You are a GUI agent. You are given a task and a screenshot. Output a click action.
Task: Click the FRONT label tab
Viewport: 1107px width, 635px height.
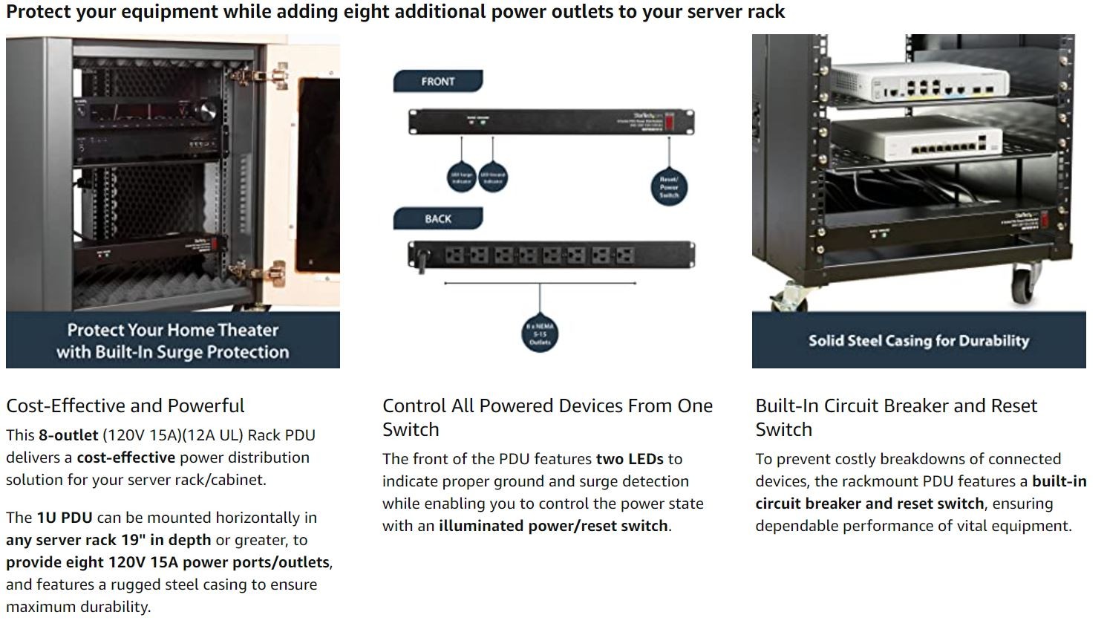pyautogui.click(x=437, y=81)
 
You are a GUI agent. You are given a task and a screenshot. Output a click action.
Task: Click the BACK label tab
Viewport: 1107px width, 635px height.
pyautogui.click(x=437, y=218)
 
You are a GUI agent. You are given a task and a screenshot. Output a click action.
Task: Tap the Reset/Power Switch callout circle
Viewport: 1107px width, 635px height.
pyautogui.click(x=669, y=187)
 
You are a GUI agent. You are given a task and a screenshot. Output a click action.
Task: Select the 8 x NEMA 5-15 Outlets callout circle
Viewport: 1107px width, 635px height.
pyautogui.click(x=540, y=334)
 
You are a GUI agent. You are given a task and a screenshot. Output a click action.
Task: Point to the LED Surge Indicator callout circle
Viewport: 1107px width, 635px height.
pyautogui.click(x=462, y=178)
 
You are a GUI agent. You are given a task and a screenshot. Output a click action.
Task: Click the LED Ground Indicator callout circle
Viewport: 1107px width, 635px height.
pyautogui.click(x=493, y=178)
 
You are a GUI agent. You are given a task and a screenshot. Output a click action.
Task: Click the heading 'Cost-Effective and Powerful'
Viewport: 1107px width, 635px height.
pyautogui.click(x=125, y=406)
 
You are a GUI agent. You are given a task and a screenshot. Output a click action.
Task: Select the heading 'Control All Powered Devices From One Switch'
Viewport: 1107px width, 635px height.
pyautogui.click(x=547, y=417)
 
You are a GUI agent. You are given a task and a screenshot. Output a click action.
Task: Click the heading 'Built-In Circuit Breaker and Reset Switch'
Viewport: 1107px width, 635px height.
pyautogui.click(x=896, y=417)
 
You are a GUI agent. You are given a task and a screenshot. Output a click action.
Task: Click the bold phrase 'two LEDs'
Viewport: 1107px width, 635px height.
pyautogui.click(x=630, y=459)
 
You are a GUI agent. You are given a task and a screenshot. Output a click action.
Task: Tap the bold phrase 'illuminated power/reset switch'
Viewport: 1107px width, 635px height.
pyautogui.click(x=553, y=526)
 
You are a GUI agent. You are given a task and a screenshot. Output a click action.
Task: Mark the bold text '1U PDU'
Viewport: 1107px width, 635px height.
pyautogui.click(x=65, y=518)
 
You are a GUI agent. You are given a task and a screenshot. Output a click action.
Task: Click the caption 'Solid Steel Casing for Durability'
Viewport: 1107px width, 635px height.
pyautogui.click(x=918, y=341)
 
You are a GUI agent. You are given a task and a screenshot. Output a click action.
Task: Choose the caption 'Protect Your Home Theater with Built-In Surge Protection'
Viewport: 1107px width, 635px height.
pyautogui.click(x=172, y=341)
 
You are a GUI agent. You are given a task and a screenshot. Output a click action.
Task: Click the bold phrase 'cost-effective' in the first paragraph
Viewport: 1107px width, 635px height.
pyautogui.click(x=126, y=457)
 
